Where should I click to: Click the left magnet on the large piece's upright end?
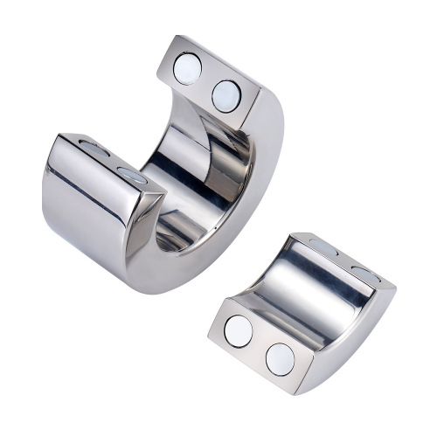(x=187, y=68)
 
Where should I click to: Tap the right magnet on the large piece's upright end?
(x=226, y=94)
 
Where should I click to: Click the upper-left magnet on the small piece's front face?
(x=238, y=331)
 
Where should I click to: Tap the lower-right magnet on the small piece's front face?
(x=280, y=358)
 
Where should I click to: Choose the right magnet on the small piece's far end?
(x=364, y=274)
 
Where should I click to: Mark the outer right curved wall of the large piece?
(x=267, y=175)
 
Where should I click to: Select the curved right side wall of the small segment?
(x=354, y=336)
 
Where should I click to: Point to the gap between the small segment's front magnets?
(x=259, y=345)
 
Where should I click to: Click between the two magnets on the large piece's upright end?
(x=207, y=81)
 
